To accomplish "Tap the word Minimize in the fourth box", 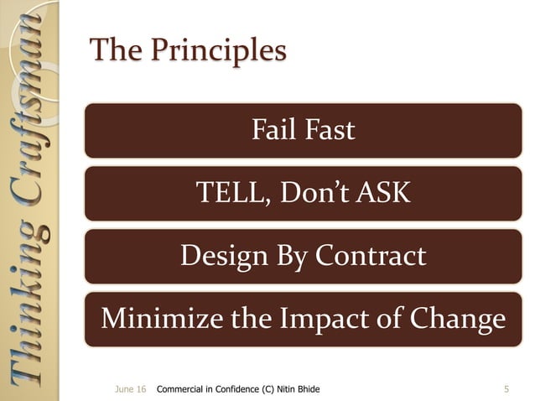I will (155, 319).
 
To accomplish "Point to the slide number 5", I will (506, 389).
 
